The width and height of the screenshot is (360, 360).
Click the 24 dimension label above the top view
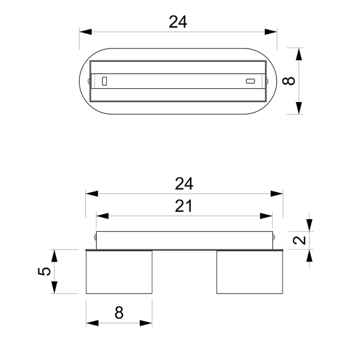(x=178, y=22)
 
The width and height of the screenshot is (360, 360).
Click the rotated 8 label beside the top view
(x=289, y=81)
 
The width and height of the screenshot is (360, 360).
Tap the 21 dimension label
(x=184, y=206)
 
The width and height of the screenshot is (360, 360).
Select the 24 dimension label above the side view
(x=184, y=184)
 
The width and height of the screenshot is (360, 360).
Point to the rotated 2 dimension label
(x=299, y=240)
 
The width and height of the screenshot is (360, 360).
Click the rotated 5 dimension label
(x=44, y=271)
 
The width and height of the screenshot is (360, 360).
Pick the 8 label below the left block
(x=119, y=312)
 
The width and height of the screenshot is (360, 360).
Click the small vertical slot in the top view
(x=104, y=81)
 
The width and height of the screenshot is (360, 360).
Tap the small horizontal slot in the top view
(x=250, y=81)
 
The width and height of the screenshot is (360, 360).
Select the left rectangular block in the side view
(x=119, y=272)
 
